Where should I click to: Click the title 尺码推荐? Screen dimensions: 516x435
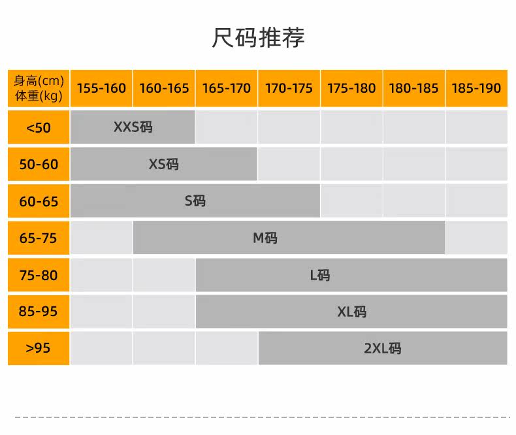tap(259, 37)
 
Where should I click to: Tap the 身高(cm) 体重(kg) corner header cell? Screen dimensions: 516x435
tap(39, 88)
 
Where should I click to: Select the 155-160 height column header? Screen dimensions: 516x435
tap(101, 88)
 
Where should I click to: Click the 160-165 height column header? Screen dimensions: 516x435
tap(164, 88)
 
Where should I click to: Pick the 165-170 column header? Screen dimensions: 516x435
tap(227, 88)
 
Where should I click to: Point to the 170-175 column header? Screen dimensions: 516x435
tap(289, 88)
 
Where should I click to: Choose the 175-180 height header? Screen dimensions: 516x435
tap(351, 88)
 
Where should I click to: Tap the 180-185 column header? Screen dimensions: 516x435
tap(413, 88)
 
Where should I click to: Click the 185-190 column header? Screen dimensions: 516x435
tap(476, 88)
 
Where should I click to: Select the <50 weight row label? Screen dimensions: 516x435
tap(39, 127)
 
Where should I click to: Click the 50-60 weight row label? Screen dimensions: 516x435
tap(39, 164)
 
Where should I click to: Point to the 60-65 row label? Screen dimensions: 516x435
tap(39, 201)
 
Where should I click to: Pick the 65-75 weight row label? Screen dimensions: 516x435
tap(39, 238)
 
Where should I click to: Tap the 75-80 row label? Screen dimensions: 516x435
tap(39, 275)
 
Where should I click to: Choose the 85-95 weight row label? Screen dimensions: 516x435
tap(39, 312)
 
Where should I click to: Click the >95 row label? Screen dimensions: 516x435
tap(39, 348)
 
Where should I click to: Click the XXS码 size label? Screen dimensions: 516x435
tap(133, 127)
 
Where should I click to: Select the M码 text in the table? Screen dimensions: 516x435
tap(265, 238)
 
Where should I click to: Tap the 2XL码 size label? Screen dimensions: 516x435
tap(382, 348)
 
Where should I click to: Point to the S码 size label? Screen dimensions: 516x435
tap(195, 201)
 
